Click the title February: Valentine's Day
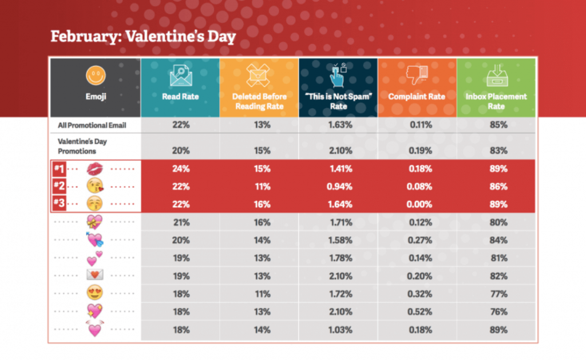[x=143, y=36]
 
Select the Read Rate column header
[x=180, y=97]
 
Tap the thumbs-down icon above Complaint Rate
[x=417, y=75]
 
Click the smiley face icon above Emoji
[x=94, y=75]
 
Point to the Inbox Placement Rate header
[x=496, y=101]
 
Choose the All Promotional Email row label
[x=92, y=125]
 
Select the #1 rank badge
[x=58, y=169]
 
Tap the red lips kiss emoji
[x=94, y=169]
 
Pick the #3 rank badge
[x=58, y=203]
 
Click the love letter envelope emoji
[x=94, y=275]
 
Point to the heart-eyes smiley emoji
[x=94, y=294]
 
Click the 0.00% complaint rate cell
[x=417, y=203]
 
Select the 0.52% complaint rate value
[x=417, y=312]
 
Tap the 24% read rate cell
[x=180, y=169]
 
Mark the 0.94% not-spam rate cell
[x=338, y=186]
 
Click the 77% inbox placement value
[x=496, y=294]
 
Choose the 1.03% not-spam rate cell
[x=338, y=330]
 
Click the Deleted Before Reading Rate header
[x=259, y=101]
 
